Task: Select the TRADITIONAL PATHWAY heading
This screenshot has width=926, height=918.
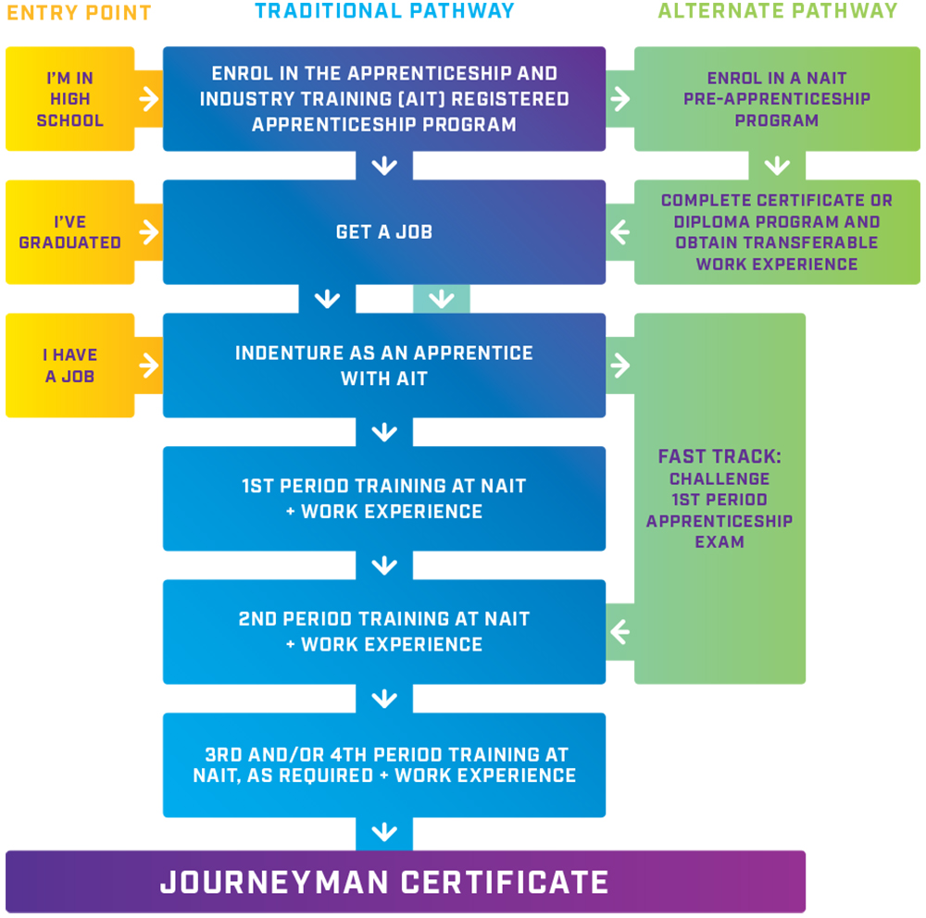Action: [x=384, y=12]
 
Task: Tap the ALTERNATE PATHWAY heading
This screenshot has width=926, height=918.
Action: [x=777, y=12]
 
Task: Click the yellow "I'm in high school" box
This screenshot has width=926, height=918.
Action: [x=70, y=99]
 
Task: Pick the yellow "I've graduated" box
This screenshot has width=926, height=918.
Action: [x=70, y=232]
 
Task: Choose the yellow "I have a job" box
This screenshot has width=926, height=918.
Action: [x=70, y=366]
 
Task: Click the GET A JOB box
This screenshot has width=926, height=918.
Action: [x=384, y=232]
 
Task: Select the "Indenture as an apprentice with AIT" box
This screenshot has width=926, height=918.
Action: [x=384, y=366]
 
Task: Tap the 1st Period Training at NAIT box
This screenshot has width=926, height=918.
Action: [x=384, y=499]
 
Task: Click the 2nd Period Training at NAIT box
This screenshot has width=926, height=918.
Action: [x=384, y=632]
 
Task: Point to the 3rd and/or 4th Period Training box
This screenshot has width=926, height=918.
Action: [x=384, y=765]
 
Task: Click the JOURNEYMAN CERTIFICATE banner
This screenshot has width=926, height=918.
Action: [x=384, y=882]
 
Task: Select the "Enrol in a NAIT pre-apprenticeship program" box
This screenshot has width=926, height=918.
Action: [x=777, y=99]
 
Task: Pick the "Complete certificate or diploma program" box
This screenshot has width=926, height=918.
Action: [x=777, y=232]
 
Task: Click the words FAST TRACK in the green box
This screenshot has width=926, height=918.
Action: [x=720, y=457]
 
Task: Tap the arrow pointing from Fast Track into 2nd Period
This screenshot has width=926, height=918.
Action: [x=619, y=633]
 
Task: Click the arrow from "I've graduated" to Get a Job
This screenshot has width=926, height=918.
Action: [x=149, y=232]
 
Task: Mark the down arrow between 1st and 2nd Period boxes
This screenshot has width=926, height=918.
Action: [x=384, y=565]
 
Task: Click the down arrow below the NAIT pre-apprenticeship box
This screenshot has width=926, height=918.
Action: [x=777, y=166]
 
